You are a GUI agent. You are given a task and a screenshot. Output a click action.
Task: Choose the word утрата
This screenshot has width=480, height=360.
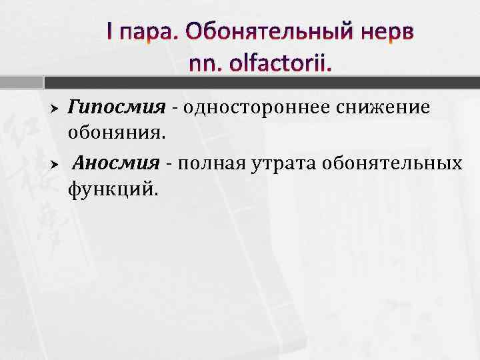(283, 163)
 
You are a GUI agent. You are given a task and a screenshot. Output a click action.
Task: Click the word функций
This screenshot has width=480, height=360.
(113, 191)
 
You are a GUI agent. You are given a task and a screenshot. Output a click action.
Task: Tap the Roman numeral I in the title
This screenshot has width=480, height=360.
(111, 31)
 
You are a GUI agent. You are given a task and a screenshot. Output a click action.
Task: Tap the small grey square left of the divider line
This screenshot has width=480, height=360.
(39, 83)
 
